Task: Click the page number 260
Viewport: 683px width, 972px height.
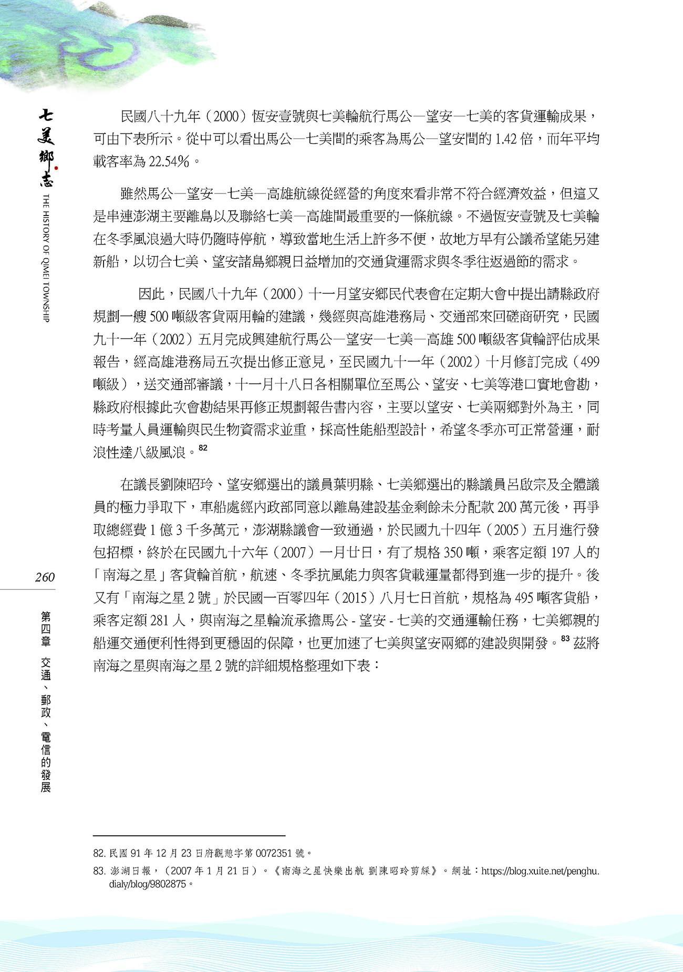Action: [45, 577]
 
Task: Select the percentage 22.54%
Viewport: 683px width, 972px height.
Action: [169, 161]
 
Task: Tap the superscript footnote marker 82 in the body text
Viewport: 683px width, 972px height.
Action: [203, 448]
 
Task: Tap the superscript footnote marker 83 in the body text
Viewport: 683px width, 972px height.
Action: [565, 639]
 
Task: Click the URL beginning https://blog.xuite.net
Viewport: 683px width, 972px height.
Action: [540, 871]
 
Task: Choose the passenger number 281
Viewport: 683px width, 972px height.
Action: [159, 620]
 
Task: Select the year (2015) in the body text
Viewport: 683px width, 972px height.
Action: [354, 598]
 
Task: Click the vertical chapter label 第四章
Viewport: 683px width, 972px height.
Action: [46, 629]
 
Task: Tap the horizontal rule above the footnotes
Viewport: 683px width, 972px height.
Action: [189, 835]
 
